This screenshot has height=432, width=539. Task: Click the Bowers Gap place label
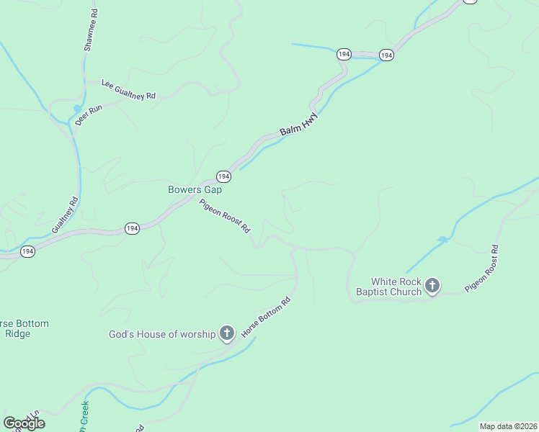tap(195, 190)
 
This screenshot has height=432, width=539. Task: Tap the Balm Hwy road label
tap(298, 127)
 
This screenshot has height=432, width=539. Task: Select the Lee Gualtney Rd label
tap(129, 89)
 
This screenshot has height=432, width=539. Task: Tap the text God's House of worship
tap(162, 334)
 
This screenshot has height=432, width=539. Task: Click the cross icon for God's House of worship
tap(227, 333)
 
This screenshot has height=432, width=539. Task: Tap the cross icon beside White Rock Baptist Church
tap(432, 287)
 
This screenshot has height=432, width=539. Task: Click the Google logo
tap(24, 423)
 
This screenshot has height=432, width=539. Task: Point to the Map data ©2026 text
tap(507, 426)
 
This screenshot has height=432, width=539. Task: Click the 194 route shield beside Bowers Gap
tap(223, 176)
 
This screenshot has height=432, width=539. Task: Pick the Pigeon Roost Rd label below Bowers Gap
tap(225, 215)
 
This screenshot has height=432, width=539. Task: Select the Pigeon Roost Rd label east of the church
tap(481, 269)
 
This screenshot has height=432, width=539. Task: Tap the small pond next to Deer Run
tap(76, 109)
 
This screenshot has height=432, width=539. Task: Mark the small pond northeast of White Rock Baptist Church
tap(442, 240)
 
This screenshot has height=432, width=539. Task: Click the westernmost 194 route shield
tap(27, 251)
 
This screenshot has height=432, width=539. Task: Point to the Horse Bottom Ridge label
tap(24, 328)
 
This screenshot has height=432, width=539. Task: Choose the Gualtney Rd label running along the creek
tap(63, 216)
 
